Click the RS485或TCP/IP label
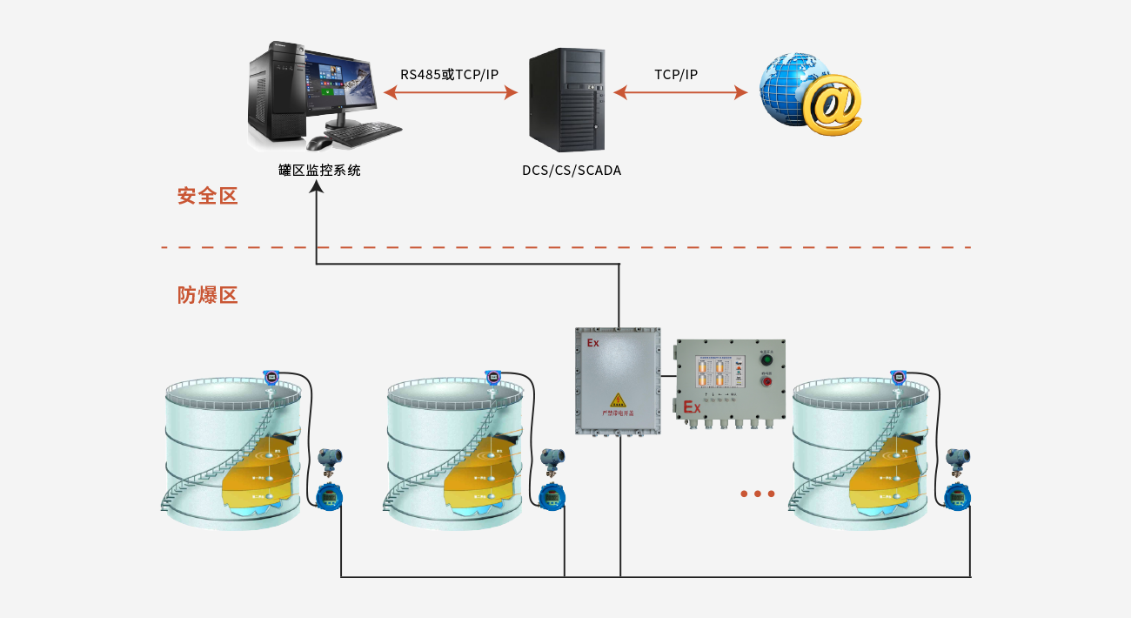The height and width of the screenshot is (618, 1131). coord(449,74)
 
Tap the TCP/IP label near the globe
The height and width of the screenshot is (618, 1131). coord(676,74)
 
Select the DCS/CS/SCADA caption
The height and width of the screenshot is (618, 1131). coord(572,171)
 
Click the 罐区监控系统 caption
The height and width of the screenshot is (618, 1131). coord(319,171)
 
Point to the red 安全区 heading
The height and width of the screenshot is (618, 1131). coord(207,196)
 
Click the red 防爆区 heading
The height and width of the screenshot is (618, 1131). coord(207,295)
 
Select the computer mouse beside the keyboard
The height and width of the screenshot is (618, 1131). coord(319,144)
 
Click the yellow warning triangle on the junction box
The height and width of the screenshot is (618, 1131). coord(618,400)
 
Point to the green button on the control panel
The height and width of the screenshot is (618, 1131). coord(766,359)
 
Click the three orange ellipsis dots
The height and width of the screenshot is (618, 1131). coord(757,494)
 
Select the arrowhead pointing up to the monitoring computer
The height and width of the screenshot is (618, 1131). coord(317,187)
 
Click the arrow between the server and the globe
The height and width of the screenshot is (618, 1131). coord(680,91)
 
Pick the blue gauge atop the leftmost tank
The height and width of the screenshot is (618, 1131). coord(271,378)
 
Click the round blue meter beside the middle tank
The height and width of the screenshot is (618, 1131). coord(552,497)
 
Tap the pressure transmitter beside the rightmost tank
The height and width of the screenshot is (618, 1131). coord(959,460)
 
